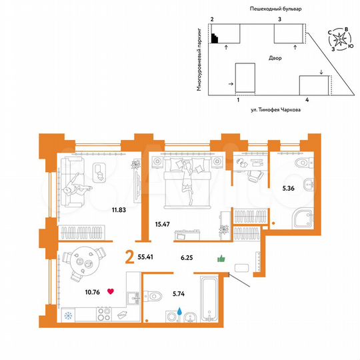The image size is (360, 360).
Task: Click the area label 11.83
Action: pos(119,209)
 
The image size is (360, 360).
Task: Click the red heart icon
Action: pos(111,291)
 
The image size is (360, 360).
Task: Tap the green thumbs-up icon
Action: pos(221,259)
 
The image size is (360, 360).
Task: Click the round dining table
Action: pos(85,261)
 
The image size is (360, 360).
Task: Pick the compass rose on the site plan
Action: pos(341,39)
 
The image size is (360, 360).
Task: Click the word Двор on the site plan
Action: pos(275,59)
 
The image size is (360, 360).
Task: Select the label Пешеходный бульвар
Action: pos(275,9)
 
